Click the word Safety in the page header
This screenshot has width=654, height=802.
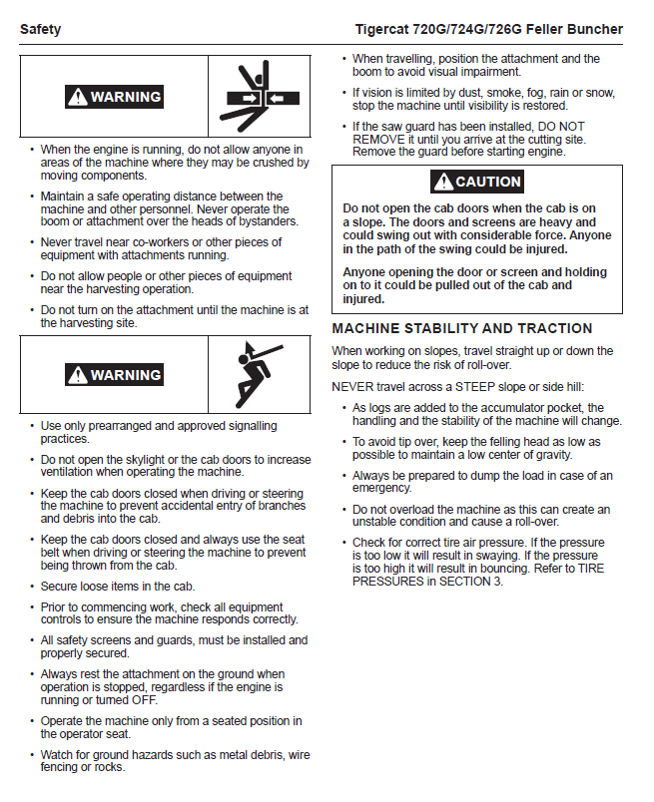(x=40, y=29)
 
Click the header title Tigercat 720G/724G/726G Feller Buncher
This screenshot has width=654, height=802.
(x=488, y=29)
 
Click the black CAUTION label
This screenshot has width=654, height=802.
(x=477, y=182)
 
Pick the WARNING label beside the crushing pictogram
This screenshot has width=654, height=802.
(x=114, y=97)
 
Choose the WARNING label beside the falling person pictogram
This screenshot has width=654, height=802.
(x=114, y=375)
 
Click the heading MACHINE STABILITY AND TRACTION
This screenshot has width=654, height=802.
(x=461, y=328)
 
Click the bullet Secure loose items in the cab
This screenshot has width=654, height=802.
(x=118, y=586)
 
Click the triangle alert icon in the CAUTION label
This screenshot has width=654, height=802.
(x=443, y=182)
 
